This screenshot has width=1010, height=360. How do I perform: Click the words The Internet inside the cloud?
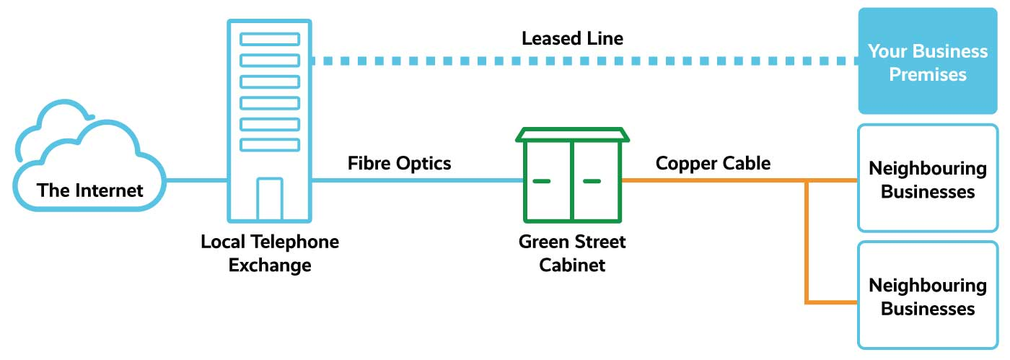(90, 190)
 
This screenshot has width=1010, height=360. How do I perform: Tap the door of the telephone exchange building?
(270, 198)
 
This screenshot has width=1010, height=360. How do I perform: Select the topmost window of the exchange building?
(270, 38)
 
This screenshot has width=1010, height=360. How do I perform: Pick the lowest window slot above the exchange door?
(270, 144)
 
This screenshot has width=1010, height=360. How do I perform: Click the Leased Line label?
(572, 38)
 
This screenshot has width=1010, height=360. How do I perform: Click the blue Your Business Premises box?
(927, 62)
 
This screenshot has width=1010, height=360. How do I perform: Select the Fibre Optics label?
(399, 163)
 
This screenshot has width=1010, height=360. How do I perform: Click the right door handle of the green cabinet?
(592, 180)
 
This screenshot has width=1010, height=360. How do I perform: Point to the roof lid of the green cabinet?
(572, 135)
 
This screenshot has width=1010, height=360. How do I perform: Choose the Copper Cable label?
(713, 163)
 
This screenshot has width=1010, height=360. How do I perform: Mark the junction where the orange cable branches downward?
(806, 181)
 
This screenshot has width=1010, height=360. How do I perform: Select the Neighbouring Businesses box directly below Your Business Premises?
(927, 179)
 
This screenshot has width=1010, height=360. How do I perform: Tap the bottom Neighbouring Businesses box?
(927, 296)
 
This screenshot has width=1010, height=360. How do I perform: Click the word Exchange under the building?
(270, 265)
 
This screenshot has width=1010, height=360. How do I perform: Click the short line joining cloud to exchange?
(196, 180)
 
